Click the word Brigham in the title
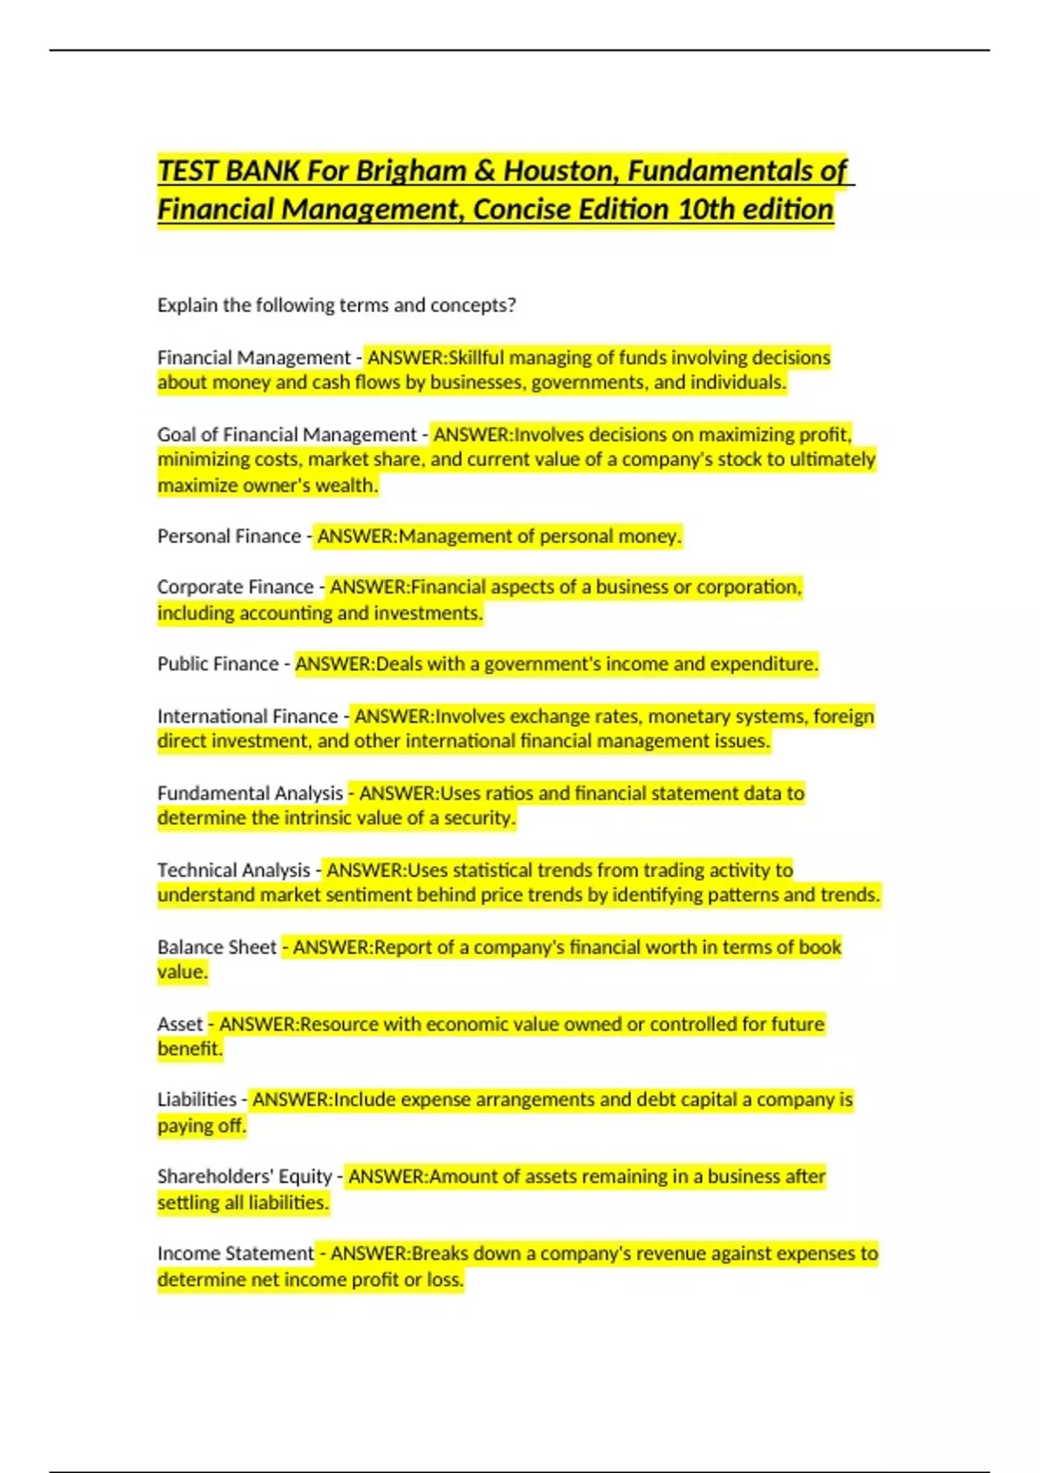[411, 171]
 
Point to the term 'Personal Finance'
[229, 536]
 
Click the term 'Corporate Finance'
[235, 587]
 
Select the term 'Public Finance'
[218, 664]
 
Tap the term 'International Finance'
[247, 717]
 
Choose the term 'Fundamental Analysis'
[250, 793]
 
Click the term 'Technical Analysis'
[233, 870]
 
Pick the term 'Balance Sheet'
[217, 947]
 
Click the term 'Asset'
[179, 1024]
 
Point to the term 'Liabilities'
[197, 1100]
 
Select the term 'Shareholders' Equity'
[244, 1177]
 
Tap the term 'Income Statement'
[235, 1254]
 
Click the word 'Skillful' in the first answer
[476, 358]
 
